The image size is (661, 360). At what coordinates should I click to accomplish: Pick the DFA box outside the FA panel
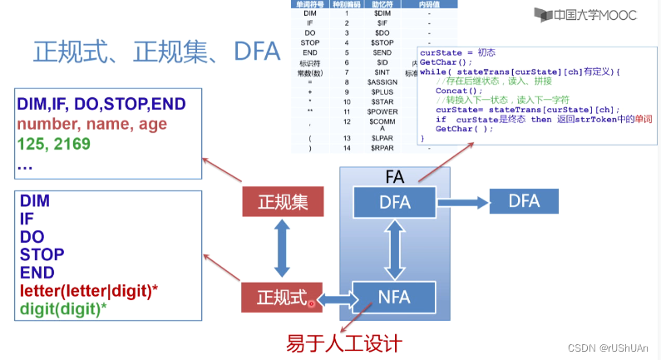[x=524, y=201]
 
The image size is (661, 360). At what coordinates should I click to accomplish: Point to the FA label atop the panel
[x=395, y=176]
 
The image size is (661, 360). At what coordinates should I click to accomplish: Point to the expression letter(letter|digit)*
[x=91, y=291]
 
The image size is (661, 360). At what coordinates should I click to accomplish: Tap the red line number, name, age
[x=91, y=125]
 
